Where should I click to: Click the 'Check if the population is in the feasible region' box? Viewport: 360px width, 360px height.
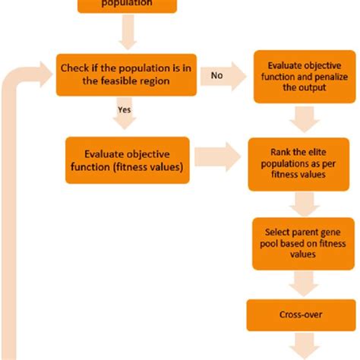coord(126,75)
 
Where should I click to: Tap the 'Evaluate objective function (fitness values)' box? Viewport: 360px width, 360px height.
coord(127,159)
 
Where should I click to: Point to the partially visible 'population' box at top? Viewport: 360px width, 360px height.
coord(127,5)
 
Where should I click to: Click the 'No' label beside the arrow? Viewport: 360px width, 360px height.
coord(216,75)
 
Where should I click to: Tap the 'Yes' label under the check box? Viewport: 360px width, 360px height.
coord(125,109)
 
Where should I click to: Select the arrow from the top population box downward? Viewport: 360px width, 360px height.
coord(125,33)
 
